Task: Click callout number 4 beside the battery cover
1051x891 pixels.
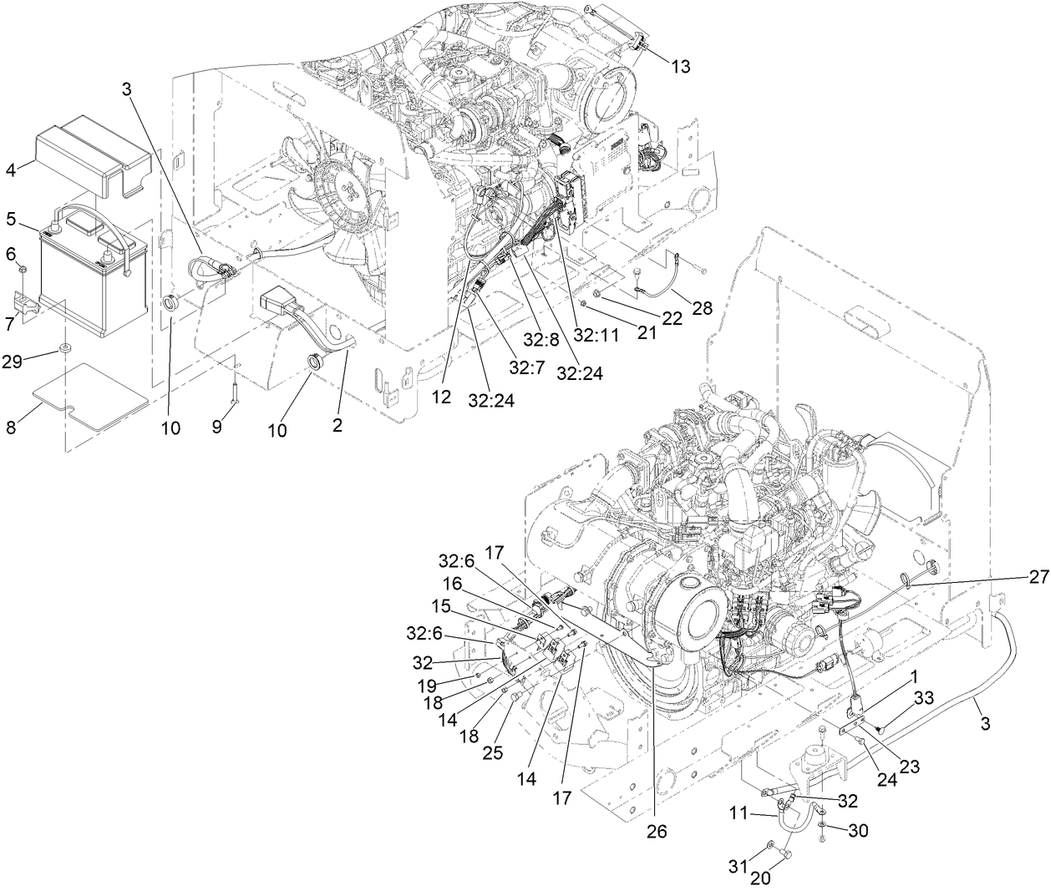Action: pyautogui.click(x=11, y=170)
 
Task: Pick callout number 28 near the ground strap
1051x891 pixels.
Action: pyautogui.click(x=703, y=309)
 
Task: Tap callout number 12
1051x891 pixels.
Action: pyautogui.click(x=442, y=398)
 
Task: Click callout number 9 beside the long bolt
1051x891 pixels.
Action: pyautogui.click(x=217, y=427)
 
